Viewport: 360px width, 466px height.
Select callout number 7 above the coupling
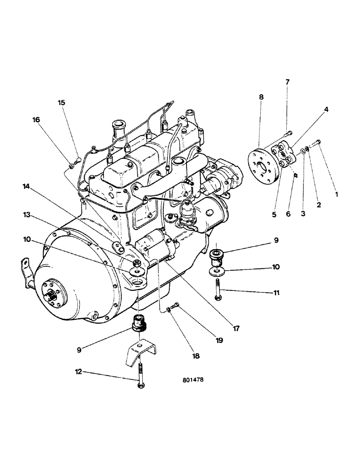click(x=287, y=82)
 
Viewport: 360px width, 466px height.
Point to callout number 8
click(x=261, y=97)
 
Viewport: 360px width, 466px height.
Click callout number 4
click(x=326, y=110)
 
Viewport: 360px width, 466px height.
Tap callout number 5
click(x=274, y=215)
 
